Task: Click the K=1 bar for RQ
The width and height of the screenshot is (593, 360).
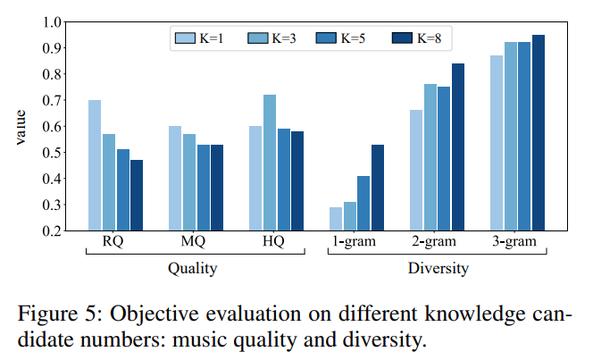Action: click(95, 165)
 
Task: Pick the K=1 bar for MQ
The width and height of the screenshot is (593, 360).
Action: click(175, 178)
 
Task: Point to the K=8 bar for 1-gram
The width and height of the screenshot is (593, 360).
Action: click(377, 188)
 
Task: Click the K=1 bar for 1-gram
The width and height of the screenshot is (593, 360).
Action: click(336, 219)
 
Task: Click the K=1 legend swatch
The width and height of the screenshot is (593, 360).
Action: click(185, 38)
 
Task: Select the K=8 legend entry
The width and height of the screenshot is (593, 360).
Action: click(417, 38)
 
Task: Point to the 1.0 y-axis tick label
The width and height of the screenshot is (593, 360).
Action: click(51, 22)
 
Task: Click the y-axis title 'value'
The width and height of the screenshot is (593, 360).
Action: click(20, 126)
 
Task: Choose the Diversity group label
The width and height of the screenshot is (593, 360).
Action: click(438, 268)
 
